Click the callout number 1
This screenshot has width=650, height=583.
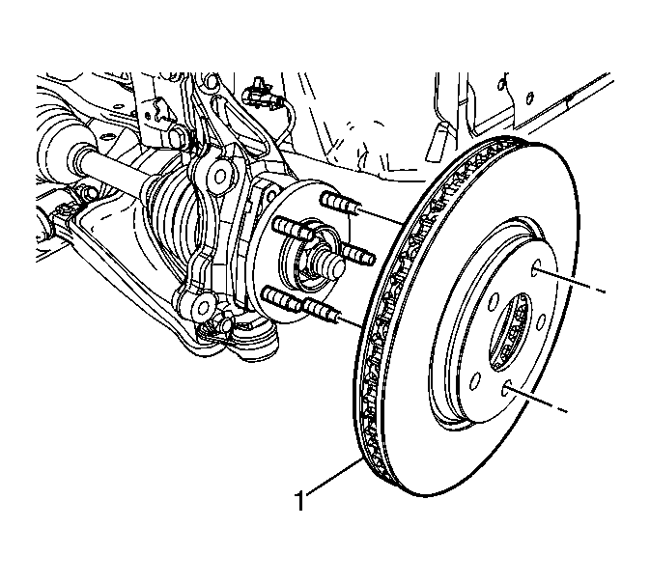pos(299,501)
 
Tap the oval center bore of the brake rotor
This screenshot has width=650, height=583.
pos(510,332)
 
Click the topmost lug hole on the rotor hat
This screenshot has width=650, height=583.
pos(536,266)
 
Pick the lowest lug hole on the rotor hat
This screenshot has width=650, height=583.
pos(505,390)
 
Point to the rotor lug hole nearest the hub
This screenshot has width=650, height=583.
pos(494,301)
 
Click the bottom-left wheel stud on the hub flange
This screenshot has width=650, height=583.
pos(283,299)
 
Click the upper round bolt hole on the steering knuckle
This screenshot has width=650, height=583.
pos(218,176)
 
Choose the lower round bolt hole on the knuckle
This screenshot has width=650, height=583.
pos(203,308)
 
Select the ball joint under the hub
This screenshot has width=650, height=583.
pos(249,336)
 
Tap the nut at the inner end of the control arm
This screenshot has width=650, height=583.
pos(88,191)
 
